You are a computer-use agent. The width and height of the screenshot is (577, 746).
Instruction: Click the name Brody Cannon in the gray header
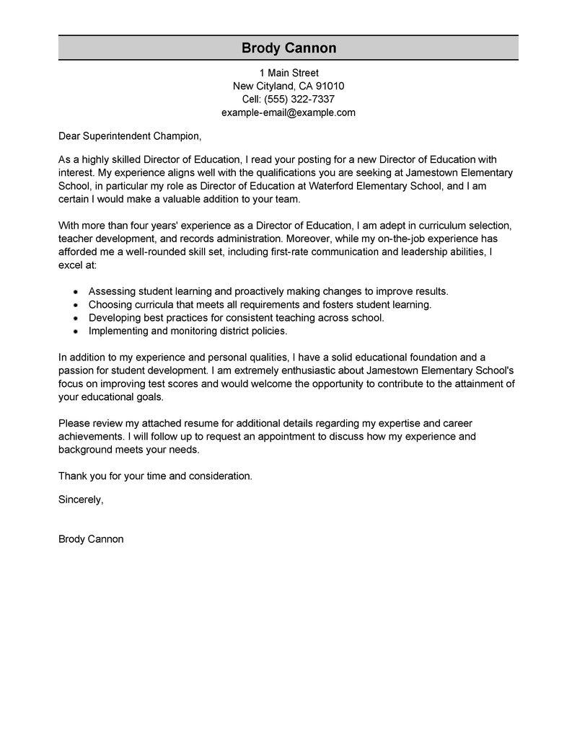coord(288,48)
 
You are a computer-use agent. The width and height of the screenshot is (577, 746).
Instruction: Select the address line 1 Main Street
coord(288,73)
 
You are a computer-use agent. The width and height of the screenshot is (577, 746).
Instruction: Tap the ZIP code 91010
coord(327,86)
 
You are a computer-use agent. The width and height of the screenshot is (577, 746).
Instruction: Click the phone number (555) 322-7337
coord(299,99)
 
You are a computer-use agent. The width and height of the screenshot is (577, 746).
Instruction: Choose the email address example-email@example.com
coord(288,112)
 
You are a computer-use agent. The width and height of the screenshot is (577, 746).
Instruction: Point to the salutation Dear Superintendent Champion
coord(130,136)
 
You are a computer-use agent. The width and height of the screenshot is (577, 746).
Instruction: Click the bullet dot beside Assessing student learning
coord(75,292)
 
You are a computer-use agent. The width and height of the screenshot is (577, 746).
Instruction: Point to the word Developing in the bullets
coord(114,318)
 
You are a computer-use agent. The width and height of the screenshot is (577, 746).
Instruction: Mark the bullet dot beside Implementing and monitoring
coord(75,331)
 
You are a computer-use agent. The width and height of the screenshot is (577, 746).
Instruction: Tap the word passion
coord(76,370)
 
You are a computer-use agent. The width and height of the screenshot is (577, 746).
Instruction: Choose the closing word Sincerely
coord(81,499)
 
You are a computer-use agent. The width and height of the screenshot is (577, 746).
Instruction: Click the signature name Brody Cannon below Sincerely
coord(91,538)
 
